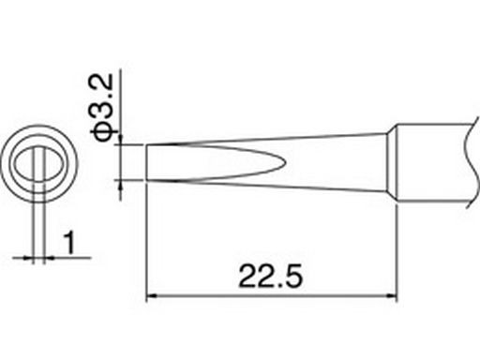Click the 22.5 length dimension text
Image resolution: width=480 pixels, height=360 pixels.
(271, 277)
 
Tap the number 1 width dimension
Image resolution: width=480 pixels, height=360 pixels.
(69, 243)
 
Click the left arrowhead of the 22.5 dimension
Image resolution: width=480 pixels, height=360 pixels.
(151, 295)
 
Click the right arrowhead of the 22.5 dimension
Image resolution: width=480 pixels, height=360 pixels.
(393, 295)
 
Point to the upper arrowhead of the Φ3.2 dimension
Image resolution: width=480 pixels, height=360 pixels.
(121, 140)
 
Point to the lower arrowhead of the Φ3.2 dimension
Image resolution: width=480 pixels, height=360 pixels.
(121, 185)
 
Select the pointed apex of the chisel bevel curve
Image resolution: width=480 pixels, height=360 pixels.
(286, 162)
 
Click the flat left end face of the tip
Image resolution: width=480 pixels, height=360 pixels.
(146, 162)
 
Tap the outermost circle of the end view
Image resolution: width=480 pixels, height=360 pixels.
(39, 126)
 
